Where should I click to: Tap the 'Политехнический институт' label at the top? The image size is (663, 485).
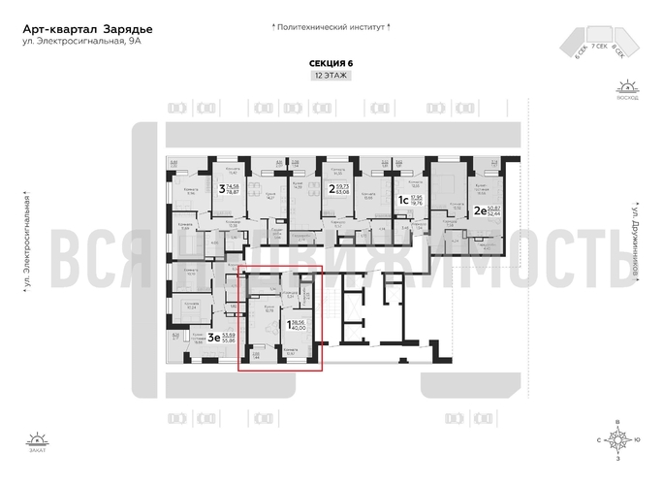point(331,30)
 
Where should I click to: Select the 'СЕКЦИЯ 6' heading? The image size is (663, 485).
point(331,62)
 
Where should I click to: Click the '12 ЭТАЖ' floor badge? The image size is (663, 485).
point(331,76)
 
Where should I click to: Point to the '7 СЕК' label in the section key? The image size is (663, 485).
point(601,47)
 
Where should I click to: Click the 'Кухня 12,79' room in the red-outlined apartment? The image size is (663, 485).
point(269,309)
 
